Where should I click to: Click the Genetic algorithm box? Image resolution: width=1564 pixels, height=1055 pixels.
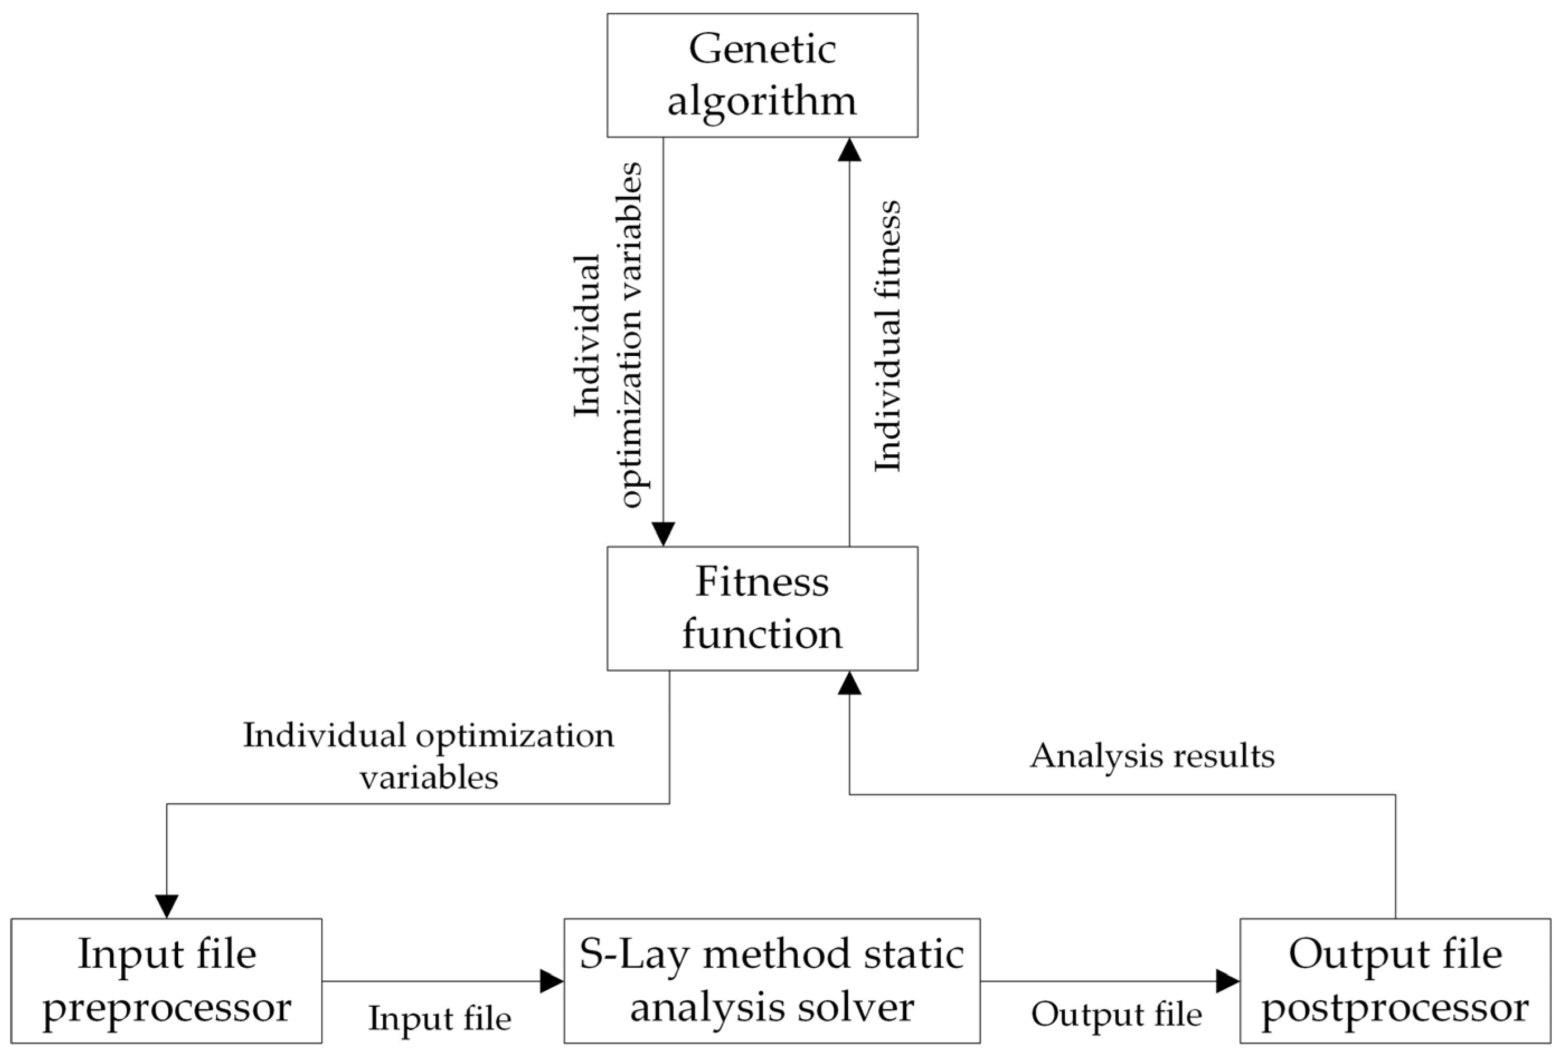pos(762,75)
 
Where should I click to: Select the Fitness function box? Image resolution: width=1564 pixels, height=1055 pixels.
pos(762,607)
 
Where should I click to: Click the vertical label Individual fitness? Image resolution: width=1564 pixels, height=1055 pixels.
pos(887,336)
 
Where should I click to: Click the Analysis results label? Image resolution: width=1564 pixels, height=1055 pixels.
pos(1152,755)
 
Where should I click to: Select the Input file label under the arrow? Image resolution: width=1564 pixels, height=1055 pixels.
pos(439,1018)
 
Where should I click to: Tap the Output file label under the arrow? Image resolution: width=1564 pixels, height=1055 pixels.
pos(1116,1015)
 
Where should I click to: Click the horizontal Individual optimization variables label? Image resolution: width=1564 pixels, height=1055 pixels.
pos(429,755)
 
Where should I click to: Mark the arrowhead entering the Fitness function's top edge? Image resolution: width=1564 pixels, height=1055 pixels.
pos(663,534)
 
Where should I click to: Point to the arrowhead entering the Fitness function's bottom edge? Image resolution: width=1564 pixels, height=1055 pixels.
pos(849,683)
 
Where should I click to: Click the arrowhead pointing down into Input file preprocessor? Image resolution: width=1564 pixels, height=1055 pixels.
pos(166,906)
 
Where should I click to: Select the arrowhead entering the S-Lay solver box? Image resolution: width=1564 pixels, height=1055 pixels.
pos(551,981)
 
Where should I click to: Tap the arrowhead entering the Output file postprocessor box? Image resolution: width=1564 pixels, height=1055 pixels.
pos(1227,981)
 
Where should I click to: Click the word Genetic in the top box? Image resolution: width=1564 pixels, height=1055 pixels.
pos(762,50)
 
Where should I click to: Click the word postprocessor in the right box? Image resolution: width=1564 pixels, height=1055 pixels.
pos(1395,1008)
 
